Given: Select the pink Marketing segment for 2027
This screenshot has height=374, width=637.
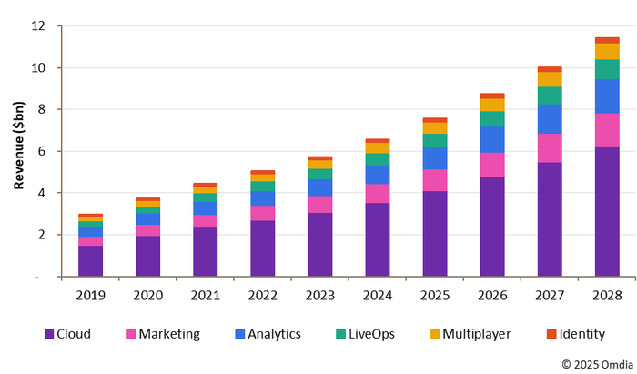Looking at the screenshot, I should (x=550, y=148).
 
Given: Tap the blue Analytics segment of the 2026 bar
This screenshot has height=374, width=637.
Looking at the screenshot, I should (x=492, y=139).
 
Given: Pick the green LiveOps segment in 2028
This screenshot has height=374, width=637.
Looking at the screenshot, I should (x=607, y=69).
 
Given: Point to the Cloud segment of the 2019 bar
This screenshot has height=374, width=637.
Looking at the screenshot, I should (x=90, y=260).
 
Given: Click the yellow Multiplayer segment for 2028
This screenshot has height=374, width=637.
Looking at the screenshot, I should (x=607, y=51).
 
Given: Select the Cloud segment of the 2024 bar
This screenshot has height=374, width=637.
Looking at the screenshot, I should (x=378, y=239).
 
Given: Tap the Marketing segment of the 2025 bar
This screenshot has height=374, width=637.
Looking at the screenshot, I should (x=435, y=180).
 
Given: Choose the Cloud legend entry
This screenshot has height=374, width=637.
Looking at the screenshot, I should (x=73, y=334).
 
